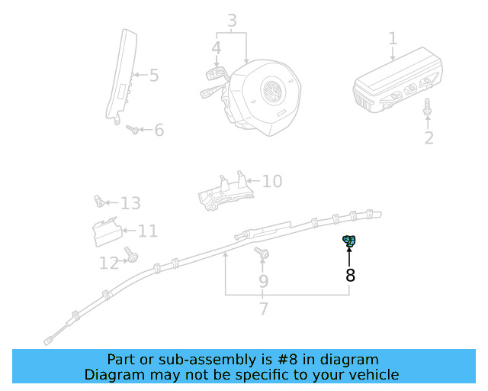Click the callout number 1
click(393, 38)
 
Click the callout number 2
click(429, 137)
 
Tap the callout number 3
click(232, 21)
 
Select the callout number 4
click(217, 48)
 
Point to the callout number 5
click(154, 76)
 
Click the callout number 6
click(159, 131)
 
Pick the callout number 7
click(264, 309)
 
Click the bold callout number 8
click(350, 276)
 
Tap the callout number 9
click(263, 281)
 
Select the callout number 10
click(272, 181)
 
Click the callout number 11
click(147, 231)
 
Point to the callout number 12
click(109, 263)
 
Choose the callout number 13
click(130, 203)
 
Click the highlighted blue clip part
click(349, 243)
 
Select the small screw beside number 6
click(133, 130)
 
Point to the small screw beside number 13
click(98, 202)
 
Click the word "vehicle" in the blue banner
click(372, 374)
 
